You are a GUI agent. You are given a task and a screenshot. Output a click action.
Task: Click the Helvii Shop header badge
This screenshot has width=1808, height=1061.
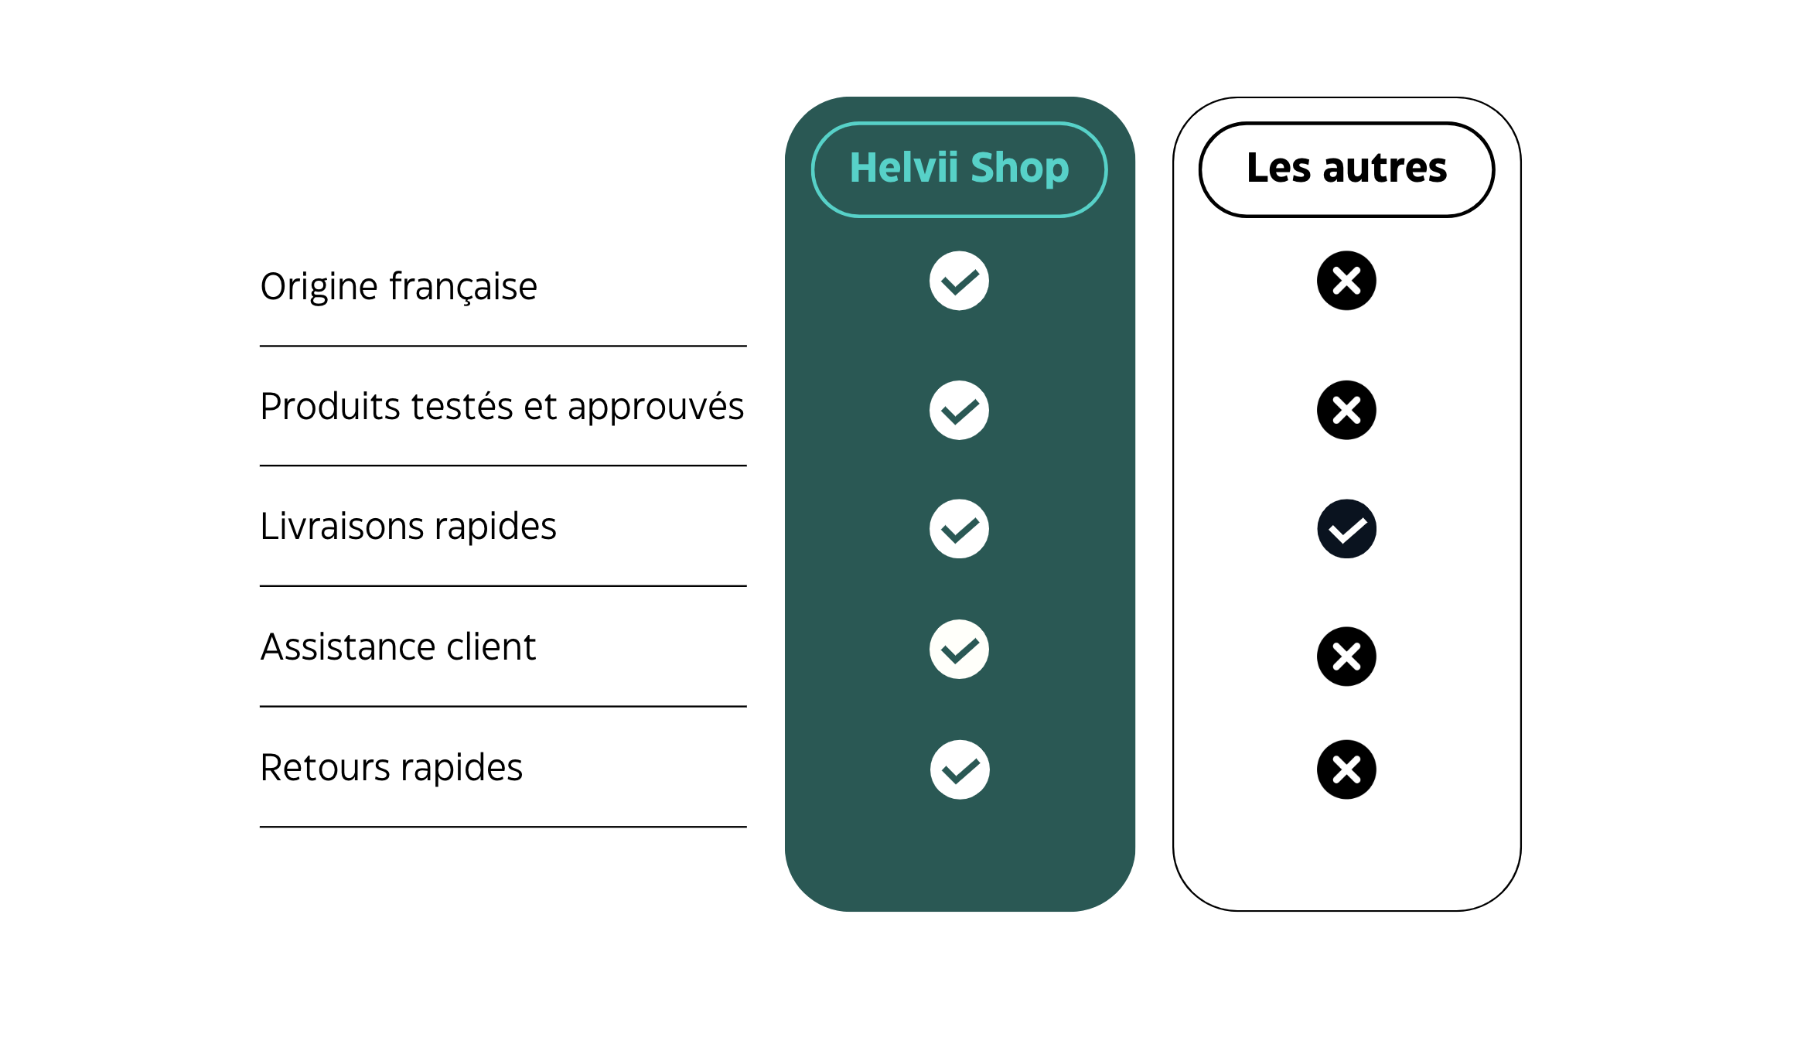pyautogui.click(x=959, y=169)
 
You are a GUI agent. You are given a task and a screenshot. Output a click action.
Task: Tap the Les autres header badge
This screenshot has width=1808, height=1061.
pyautogui.click(x=1346, y=169)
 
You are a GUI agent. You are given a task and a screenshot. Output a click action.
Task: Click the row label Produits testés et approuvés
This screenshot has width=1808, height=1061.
pyautogui.click(x=502, y=407)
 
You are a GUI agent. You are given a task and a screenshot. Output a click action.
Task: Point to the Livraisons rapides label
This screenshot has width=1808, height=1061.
pyautogui.click(x=408, y=526)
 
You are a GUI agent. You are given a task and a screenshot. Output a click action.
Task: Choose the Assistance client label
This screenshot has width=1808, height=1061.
pyautogui.click(x=398, y=646)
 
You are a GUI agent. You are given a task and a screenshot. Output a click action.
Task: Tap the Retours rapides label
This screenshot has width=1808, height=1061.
pyautogui.click(x=391, y=768)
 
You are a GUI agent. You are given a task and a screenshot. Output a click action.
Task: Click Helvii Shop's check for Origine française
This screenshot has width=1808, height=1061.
pyautogui.click(x=959, y=281)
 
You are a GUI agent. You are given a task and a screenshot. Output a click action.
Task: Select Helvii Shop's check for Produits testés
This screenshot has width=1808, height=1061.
pyautogui.click(x=959, y=410)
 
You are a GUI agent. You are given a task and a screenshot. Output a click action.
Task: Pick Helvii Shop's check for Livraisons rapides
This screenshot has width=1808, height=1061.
pyautogui.click(x=959, y=529)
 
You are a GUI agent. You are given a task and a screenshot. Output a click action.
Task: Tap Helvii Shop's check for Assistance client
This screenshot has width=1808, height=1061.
pyautogui.click(x=959, y=650)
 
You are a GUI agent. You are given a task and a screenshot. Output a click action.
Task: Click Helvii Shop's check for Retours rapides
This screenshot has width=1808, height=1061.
pyautogui.click(x=960, y=769)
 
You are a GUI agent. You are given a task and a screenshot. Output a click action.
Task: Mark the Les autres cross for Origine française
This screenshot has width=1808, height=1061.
pyautogui.click(x=1346, y=281)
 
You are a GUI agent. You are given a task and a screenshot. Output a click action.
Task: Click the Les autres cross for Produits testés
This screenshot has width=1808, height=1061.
pyautogui.click(x=1346, y=410)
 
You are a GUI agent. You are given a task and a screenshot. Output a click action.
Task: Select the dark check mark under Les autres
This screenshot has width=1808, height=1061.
pyautogui.click(x=1346, y=529)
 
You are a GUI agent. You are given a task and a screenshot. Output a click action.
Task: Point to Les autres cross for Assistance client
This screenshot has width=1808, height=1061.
pyautogui.click(x=1346, y=657)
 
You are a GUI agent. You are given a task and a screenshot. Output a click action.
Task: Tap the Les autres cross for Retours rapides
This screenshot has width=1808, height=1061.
pyautogui.click(x=1346, y=769)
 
